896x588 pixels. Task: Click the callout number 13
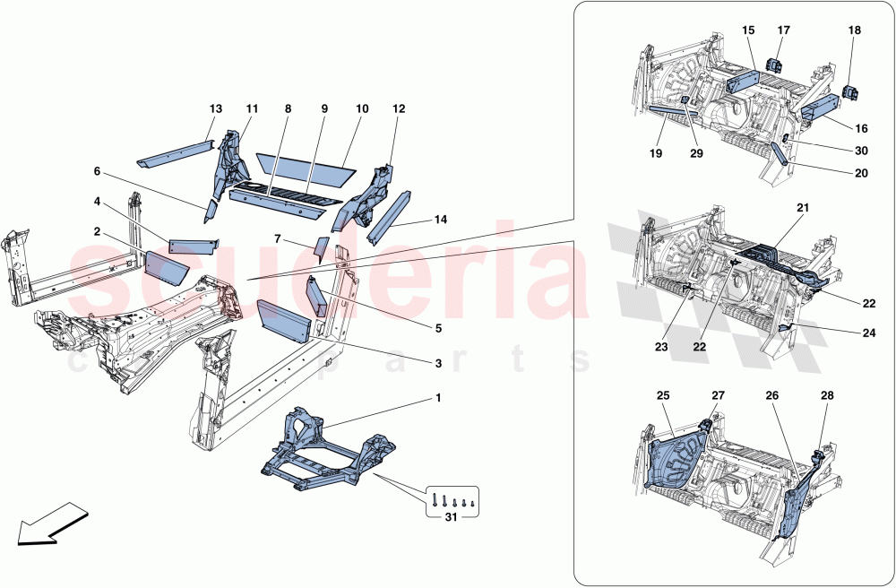pos(215,108)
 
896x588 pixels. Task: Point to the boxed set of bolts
pos(452,499)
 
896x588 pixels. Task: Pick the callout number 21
pos(804,208)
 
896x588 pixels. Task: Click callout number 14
pos(440,219)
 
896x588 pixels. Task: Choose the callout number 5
pos(438,328)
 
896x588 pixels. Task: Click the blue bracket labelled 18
pos(854,91)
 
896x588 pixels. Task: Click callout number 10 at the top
pos(362,108)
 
